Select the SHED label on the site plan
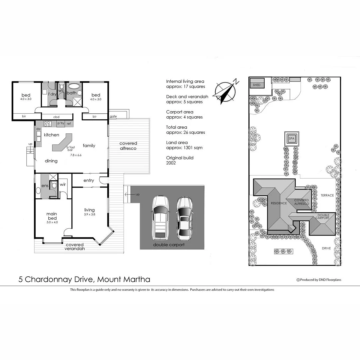coord(256,85)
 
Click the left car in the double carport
coord(160,218)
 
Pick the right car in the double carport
coord(184,218)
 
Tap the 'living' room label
coord(89,210)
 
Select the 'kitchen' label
coord(51,135)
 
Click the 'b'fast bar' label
coord(70,149)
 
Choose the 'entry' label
coord(89,181)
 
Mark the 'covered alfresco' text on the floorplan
coord(128,146)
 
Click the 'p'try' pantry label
coord(61,123)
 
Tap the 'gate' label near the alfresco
coord(113,116)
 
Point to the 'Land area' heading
coord(177,142)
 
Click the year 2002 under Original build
coord(171,163)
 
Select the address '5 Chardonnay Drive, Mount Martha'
coord(84,279)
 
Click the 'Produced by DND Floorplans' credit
coord(319,280)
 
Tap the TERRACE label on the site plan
coord(327,195)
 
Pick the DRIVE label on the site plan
coord(326,248)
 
